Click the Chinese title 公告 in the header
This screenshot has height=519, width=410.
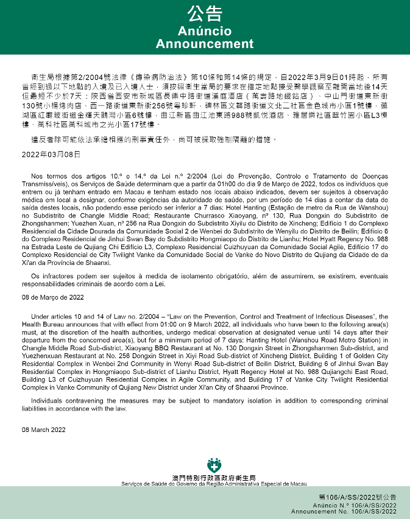pyautogui.click(x=205, y=15)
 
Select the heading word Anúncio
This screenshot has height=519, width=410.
pyautogui.click(x=205, y=31)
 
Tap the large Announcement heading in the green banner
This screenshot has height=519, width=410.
pyautogui.click(x=205, y=44)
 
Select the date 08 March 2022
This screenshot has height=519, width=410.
pyautogui.click(x=43, y=429)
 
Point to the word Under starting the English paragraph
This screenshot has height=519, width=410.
pyautogui.click(x=41, y=317)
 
